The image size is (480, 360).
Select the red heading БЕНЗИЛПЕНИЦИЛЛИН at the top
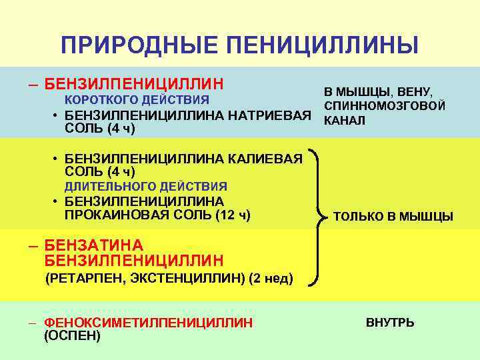click(133, 85)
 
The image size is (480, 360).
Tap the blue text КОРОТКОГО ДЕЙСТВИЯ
click(137, 100)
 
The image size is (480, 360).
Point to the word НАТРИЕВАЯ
click(270, 115)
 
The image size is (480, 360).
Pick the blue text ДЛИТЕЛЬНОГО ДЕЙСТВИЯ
click(146, 187)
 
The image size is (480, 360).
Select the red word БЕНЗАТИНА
click(94, 245)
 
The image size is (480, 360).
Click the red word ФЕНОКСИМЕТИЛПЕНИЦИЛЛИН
click(148, 323)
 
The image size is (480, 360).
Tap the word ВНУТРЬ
click(390, 323)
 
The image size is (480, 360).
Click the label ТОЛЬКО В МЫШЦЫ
click(393, 216)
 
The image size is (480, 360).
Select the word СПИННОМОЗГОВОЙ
click(385, 106)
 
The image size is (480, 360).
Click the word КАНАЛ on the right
click(344, 121)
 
